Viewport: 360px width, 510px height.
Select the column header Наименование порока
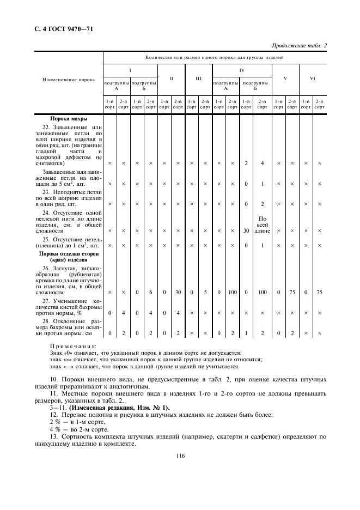(69, 80)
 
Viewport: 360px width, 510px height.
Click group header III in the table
(198, 78)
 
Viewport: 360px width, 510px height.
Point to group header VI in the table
(313, 78)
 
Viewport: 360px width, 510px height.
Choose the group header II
(171, 78)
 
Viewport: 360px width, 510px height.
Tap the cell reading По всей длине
(262, 224)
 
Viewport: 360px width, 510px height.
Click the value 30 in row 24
(246, 230)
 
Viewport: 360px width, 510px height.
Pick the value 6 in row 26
(150, 293)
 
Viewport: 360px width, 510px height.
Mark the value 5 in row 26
(205, 293)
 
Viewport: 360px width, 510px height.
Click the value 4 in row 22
(262, 163)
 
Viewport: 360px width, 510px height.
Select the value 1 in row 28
(246, 333)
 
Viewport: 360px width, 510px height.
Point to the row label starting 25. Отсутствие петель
(69, 242)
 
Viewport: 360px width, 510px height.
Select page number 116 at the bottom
(181, 457)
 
